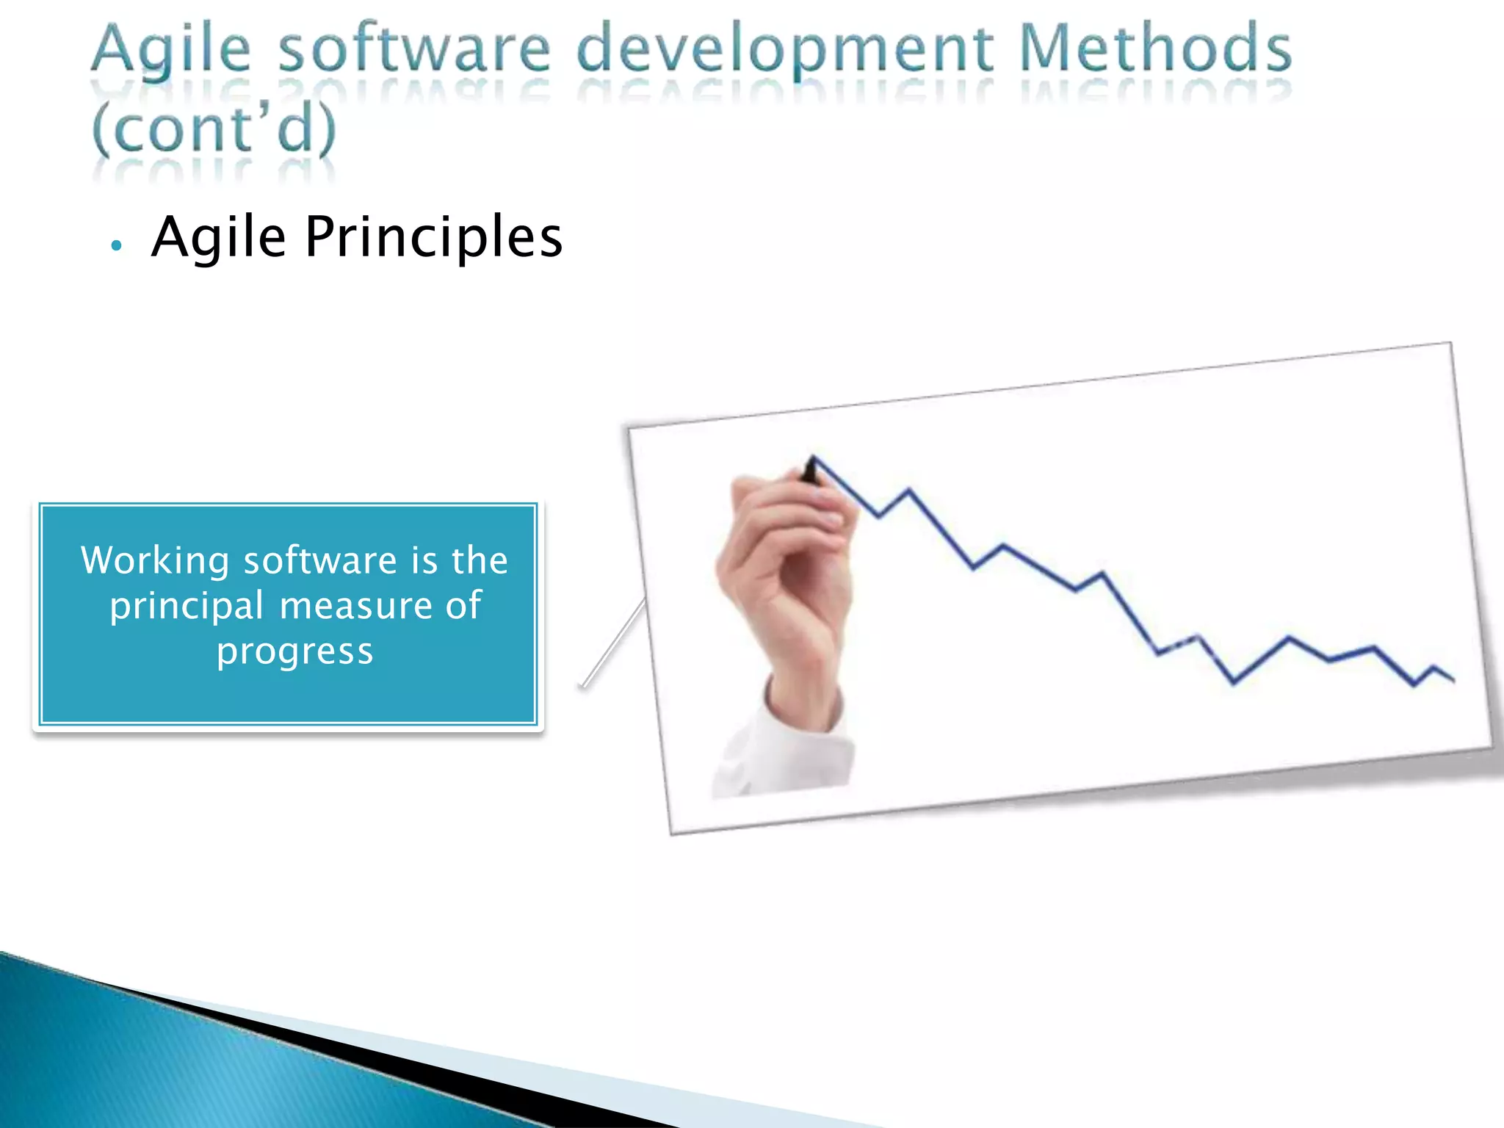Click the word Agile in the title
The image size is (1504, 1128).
(171, 50)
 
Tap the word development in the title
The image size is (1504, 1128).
(786, 50)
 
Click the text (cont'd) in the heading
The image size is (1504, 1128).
(214, 129)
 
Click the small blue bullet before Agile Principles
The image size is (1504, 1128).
(115, 245)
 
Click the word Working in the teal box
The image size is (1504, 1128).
(155, 561)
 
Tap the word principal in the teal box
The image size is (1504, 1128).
(187, 607)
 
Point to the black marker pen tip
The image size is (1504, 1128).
(811, 469)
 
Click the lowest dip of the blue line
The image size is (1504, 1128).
(1234, 682)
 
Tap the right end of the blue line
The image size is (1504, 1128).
(1453, 679)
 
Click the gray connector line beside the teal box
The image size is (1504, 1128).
(614, 643)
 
